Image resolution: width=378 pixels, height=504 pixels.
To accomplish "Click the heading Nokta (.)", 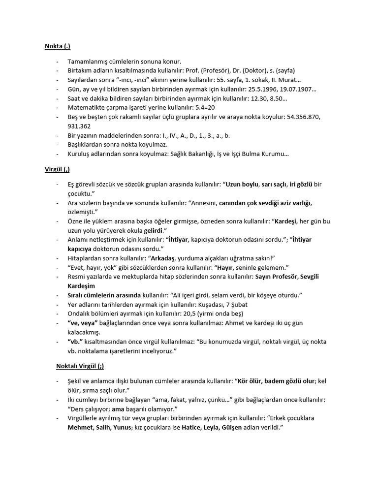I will [x=58, y=47].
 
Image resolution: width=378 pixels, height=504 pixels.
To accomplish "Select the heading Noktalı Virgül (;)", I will [x=80, y=366].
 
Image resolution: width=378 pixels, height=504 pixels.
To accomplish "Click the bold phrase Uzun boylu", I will [x=242, y=184].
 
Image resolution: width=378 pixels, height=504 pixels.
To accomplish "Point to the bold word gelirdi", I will [x=153, y=230].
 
